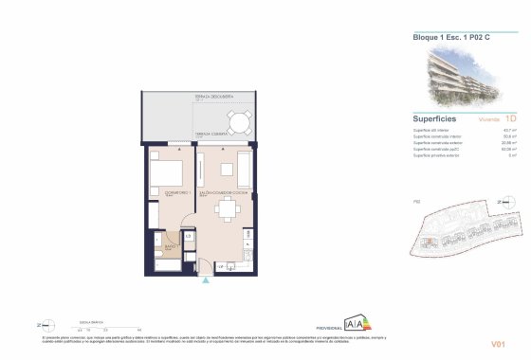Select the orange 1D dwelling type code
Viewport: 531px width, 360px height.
[x=510, y=120]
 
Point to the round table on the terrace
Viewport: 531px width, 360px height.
[x=240, y=123]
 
